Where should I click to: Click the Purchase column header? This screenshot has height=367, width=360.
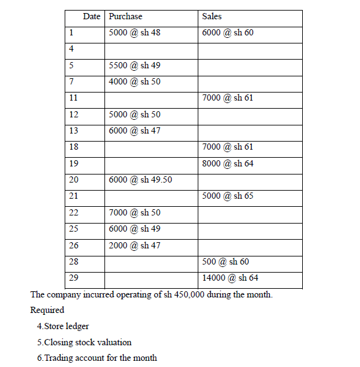(x=125, y=16)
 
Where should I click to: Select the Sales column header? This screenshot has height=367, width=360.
(x=212, y=16)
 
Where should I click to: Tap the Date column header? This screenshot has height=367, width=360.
(x=91, y=16)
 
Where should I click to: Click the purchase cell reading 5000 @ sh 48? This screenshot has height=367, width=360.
(x=134, y=32)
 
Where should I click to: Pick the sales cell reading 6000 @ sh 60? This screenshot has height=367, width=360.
(x=228, y=32)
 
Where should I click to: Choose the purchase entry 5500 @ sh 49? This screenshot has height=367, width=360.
(x=134, y=65)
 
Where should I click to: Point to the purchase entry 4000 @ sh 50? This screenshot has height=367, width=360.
(x=134, y=81)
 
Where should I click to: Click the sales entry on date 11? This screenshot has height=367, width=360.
(x=228, y=97)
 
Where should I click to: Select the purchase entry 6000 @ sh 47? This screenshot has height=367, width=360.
(x=134, y=130)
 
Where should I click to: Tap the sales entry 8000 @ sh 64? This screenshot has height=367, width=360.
(x=228, y=163)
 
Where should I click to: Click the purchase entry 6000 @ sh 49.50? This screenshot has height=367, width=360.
(x=140, y=179)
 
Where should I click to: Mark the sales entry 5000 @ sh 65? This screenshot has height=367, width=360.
(x=228, y=196)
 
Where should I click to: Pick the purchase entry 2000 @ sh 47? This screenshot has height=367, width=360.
(x=134, y=245)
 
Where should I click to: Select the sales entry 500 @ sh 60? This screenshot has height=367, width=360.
(x=226, y=262)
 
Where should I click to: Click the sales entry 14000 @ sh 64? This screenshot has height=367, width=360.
(x=230, y=278)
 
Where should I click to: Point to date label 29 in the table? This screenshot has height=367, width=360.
(x=73, y=278)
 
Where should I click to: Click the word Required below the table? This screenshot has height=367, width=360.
(x=47, y=310)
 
